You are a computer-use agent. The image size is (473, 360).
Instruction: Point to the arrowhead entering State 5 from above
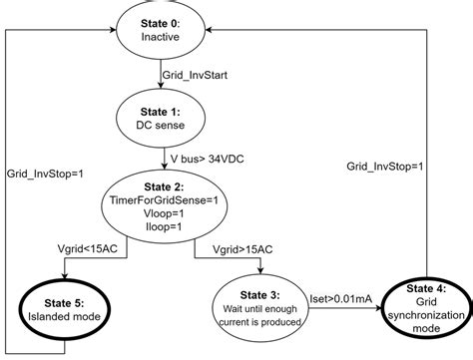65,277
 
